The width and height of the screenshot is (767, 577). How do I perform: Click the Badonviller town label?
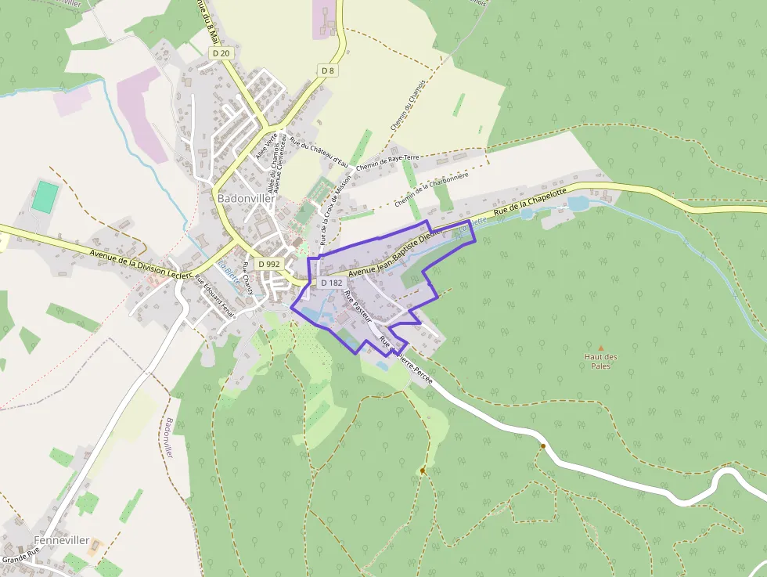click(x=247, y=199)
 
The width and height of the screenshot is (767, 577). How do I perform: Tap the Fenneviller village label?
click(x=61, y=541)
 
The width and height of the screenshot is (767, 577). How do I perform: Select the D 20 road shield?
click(x=221, y=52)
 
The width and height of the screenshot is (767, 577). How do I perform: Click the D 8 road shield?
click(x=328, y=70)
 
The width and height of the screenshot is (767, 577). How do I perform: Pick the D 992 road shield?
click(x=268, y=264)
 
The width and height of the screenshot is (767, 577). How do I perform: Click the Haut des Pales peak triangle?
click(x=601, y=348)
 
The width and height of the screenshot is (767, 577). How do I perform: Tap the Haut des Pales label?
click(x=601, y=362)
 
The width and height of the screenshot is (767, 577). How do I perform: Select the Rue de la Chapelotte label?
click(x=524, y=206)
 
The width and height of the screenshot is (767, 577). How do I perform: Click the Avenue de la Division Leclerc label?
click(x=141, y=265)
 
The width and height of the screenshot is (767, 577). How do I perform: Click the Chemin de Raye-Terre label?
click(x=387, y=162)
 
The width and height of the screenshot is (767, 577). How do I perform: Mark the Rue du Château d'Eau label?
click(x=319, y=152)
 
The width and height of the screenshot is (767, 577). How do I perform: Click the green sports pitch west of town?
click(x=47, y=196)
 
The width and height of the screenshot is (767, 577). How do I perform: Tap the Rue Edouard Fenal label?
click(x=214, y=298)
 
